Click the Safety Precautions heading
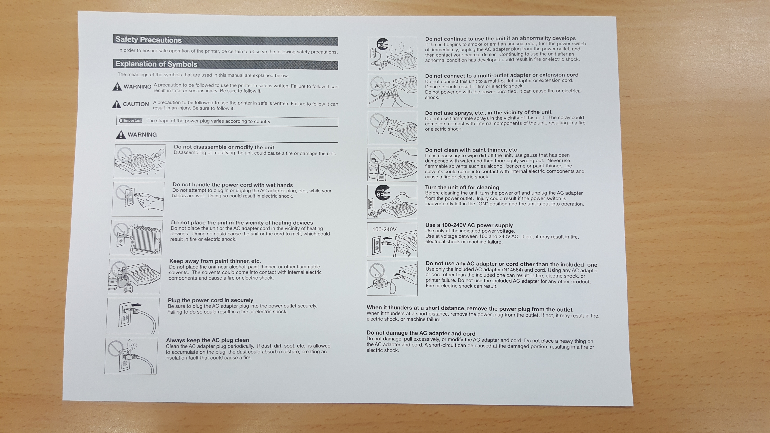[x=149, y=40]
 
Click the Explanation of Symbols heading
[x=156, y=64]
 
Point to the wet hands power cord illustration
[x=138, y=199]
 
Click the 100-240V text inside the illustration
[x=384, y=230]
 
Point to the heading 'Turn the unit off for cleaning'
[x=462, y=187]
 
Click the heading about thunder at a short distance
[x=469, y=308]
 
